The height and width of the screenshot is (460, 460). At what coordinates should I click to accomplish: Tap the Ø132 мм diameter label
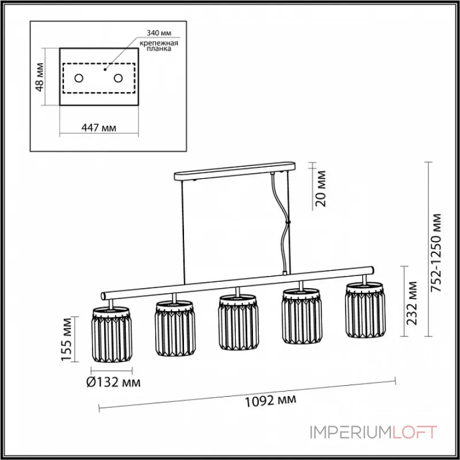(x=114, y=381)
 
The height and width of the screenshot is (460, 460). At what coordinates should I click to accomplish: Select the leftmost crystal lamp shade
(x=112, y=335)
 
